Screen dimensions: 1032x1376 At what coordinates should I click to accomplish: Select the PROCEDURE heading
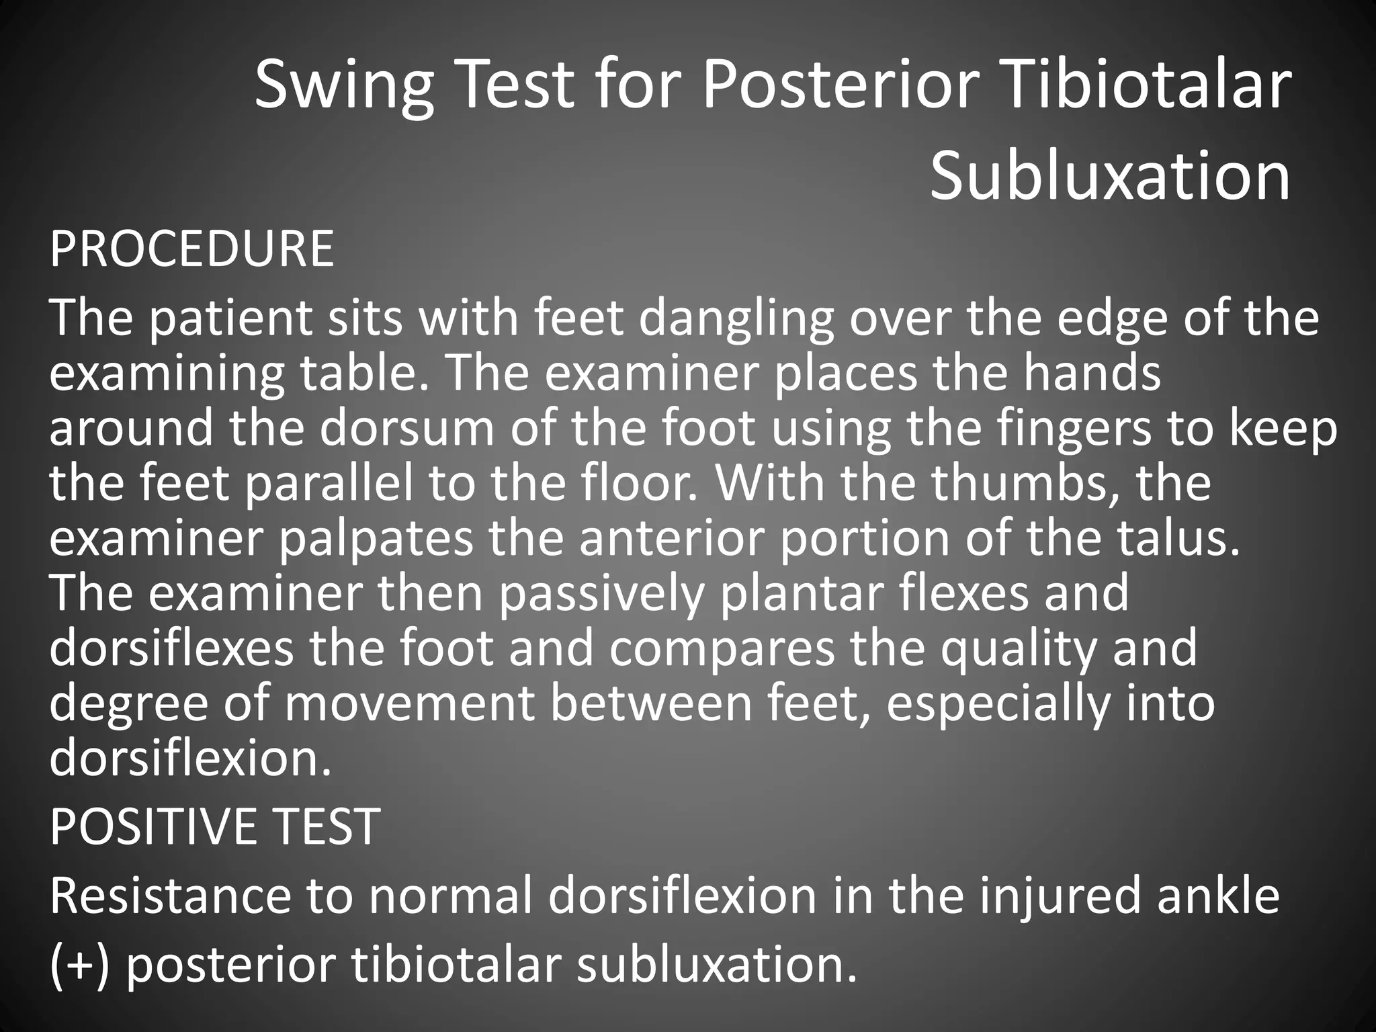coord(191,249)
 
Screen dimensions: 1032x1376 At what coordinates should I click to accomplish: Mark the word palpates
coord(376,540)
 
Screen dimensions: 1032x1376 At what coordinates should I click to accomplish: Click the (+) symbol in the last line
coord(79,966)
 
